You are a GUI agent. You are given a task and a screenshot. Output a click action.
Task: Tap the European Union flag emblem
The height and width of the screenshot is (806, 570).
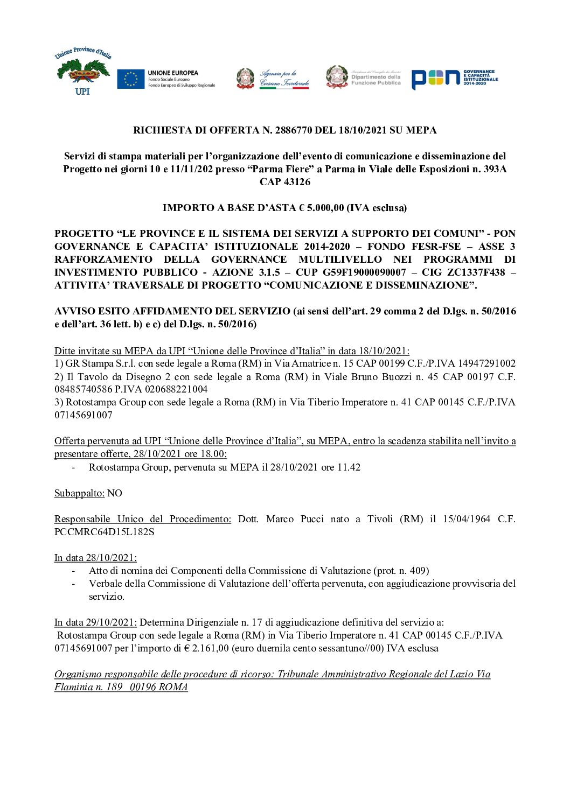coord(130,79)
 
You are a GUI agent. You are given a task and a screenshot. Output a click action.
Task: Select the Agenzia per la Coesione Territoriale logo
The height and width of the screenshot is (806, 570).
coord(273,79)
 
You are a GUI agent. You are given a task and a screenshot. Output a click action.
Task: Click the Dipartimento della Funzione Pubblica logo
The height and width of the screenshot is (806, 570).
coord(363,77)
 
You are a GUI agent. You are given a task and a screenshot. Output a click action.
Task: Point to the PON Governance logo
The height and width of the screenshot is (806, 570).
coord(454,79)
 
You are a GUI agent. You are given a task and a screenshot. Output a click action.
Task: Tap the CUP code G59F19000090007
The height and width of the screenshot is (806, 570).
coord(364,272)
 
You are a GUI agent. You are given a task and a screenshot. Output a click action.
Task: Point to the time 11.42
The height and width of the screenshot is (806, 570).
coord(349,467)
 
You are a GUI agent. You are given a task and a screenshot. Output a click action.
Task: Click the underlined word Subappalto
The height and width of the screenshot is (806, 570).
coord(79,493)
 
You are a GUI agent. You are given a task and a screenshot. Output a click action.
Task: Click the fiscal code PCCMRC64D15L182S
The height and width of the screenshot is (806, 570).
coord(104,532)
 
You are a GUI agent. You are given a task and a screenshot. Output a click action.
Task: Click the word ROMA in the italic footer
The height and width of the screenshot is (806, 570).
coord(173,687)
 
